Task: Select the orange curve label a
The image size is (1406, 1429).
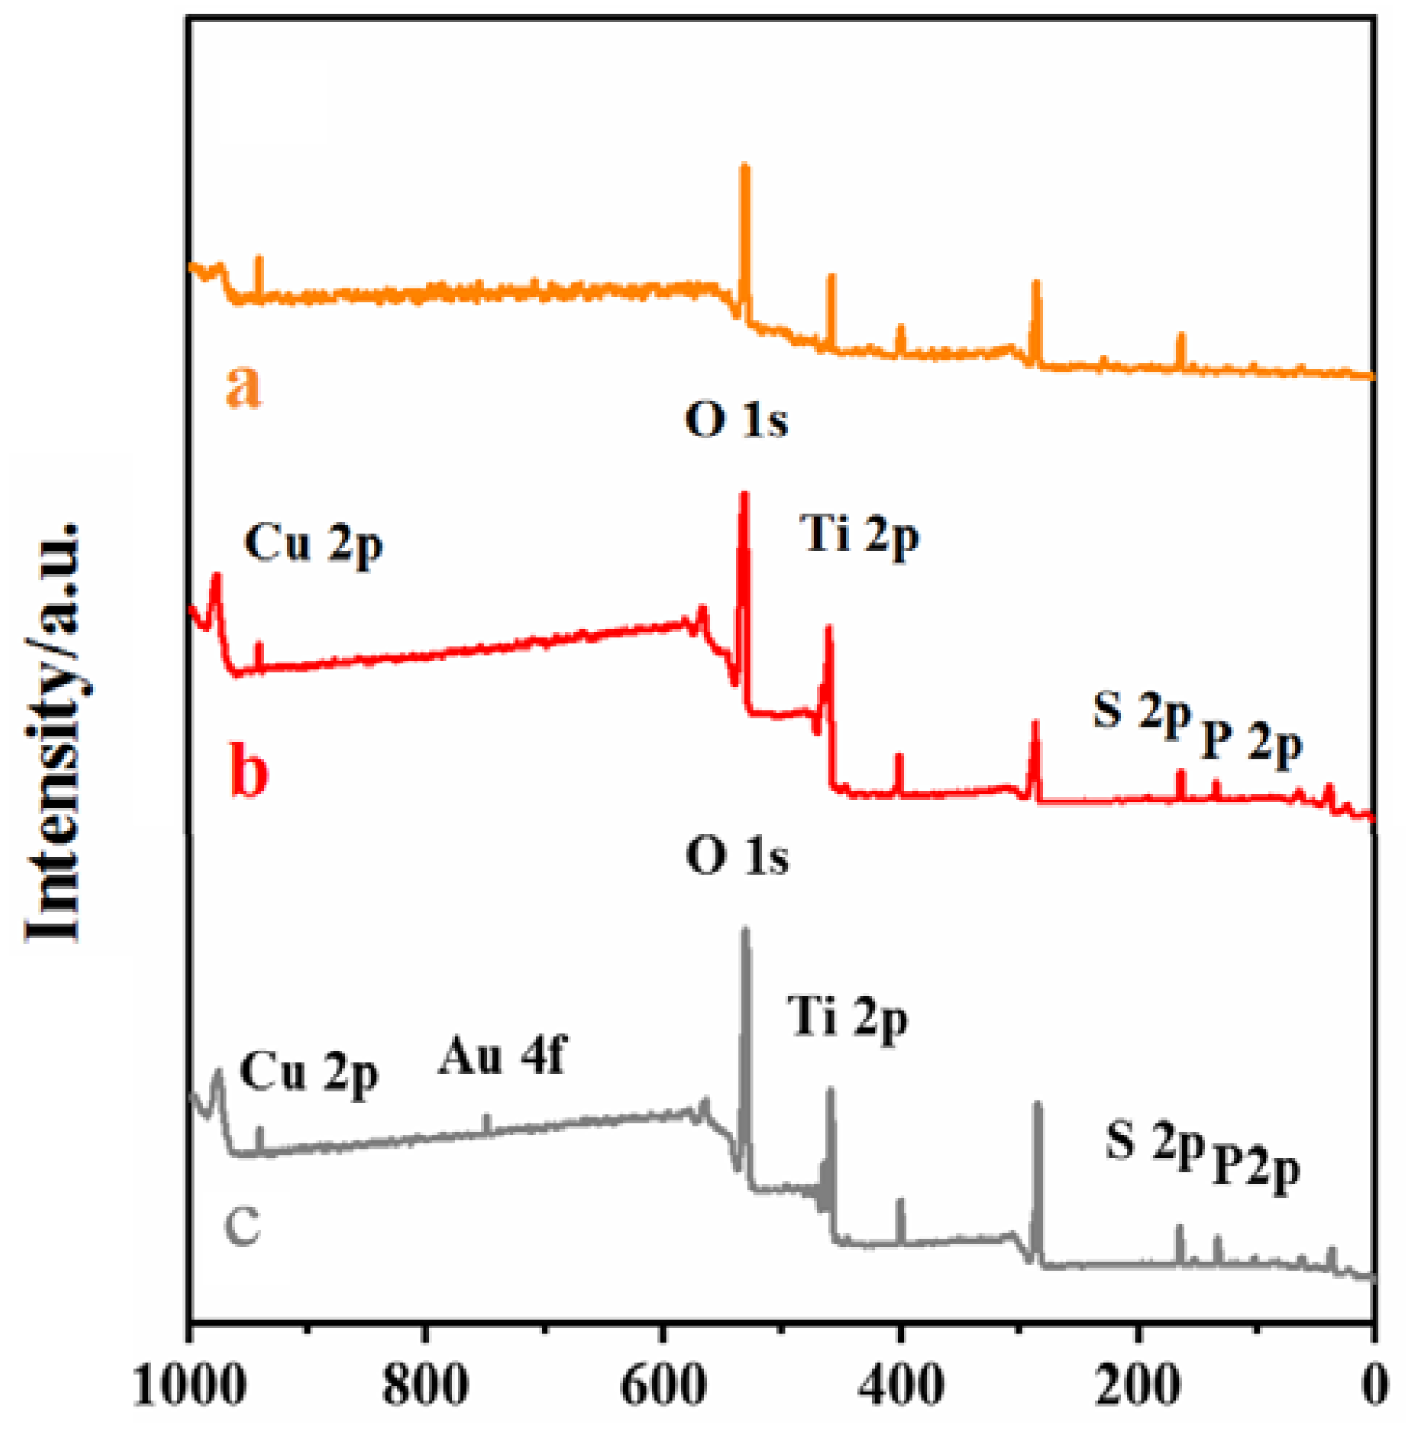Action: pos(244,386)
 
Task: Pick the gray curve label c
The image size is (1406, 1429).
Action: pos(243,1222)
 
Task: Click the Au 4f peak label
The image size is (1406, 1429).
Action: pos(502,1057)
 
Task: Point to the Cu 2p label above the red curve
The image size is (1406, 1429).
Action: pos(313,547)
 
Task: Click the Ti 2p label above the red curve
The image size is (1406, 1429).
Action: pos(861,537)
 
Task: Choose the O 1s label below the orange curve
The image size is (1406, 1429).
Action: pos(736,422)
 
